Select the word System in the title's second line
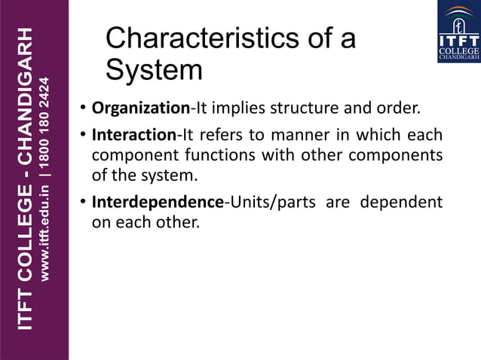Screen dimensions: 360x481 [154, 70]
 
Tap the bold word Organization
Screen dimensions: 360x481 [140, 108]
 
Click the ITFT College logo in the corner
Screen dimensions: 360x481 [458, 31]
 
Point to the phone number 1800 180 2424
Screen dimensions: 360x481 [45, 117]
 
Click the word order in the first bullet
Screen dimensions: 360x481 [397, 108]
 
